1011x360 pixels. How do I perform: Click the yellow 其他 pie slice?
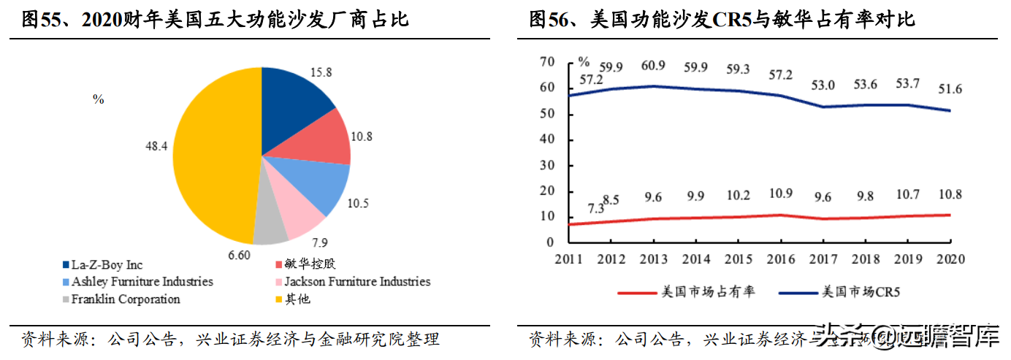(212, 157)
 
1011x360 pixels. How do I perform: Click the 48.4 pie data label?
(156, 146)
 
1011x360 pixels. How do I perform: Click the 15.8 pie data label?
(321, 72)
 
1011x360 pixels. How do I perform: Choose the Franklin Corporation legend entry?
(125, 299)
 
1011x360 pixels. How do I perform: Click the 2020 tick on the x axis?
(950, 259)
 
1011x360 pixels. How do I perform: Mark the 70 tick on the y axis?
(548, 62)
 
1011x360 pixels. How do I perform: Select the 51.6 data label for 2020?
(949, 90)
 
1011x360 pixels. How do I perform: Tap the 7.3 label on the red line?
(596, 209)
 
